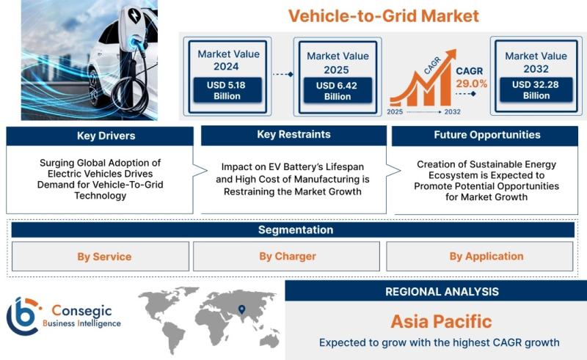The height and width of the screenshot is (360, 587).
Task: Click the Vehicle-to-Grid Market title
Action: click(383, 15)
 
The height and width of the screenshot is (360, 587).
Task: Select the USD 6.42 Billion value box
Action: click(338, 91)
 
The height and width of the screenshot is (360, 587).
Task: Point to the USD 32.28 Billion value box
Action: click(536, 90)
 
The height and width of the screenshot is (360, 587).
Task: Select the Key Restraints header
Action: click(293, 135)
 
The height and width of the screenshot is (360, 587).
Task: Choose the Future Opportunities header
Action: click(486, 135)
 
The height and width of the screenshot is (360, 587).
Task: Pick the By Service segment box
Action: click(104, 257)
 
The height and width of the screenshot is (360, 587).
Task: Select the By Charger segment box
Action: click(287, 257)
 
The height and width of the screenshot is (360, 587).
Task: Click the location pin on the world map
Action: click(241, 311)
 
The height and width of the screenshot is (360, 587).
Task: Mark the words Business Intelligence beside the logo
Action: click(81, 323)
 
